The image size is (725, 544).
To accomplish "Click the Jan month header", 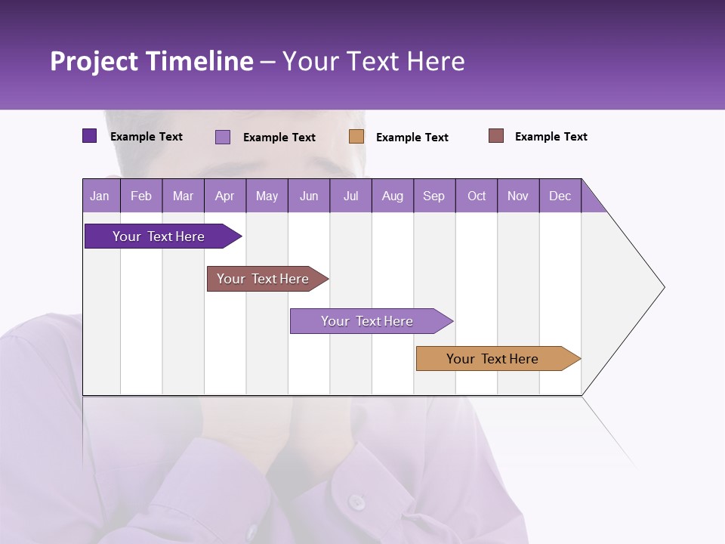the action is point(100,196).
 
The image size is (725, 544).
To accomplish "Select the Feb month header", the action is point(141,196).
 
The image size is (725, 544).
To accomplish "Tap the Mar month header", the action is point(183,196).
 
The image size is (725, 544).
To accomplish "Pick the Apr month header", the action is point(224,196).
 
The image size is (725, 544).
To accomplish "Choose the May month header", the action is point(267,196).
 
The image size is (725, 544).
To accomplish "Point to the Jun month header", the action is point(309,196).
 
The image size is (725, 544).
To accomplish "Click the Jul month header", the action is point(350,196).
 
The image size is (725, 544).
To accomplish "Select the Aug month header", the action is point(393,196).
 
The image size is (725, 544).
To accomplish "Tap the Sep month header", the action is point(434,196).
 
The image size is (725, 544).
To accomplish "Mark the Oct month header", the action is point(477,196).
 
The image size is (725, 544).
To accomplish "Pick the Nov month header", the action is point(518,196).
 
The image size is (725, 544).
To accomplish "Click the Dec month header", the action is point(560,196).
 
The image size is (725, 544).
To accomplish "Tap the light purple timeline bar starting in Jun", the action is point(368,321).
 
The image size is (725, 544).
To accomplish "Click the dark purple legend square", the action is point(90,136).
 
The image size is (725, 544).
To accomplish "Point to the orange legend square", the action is point(356,137).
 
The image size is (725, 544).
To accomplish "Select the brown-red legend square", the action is point(496,136).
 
